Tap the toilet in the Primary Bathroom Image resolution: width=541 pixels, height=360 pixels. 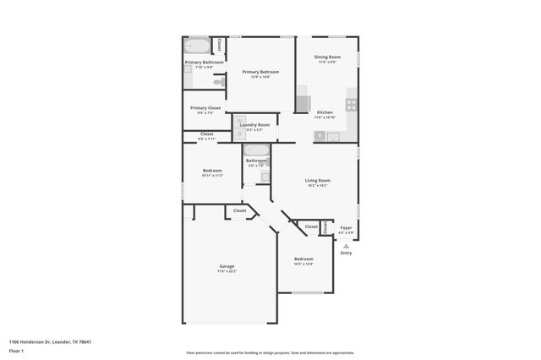click(218, 82)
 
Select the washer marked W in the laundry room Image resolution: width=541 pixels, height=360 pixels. click(239, 123)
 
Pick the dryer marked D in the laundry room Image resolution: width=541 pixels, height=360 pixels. click(239, 134)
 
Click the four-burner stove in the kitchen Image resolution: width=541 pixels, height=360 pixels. click(351, 105)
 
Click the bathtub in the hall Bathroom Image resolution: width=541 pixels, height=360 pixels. click(256, 152)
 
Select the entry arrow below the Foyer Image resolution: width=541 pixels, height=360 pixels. click(345, 245)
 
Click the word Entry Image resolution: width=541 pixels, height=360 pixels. click(346, 253)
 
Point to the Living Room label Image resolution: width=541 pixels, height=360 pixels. click(318, 180)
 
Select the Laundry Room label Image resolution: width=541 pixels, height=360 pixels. click(254, 125)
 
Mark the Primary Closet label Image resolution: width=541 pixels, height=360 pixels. click(205, 107)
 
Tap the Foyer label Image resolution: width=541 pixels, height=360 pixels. click(346, 227)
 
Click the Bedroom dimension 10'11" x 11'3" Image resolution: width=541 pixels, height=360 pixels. click(212, 176)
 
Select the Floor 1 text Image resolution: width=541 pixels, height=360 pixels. click(16, 350)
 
